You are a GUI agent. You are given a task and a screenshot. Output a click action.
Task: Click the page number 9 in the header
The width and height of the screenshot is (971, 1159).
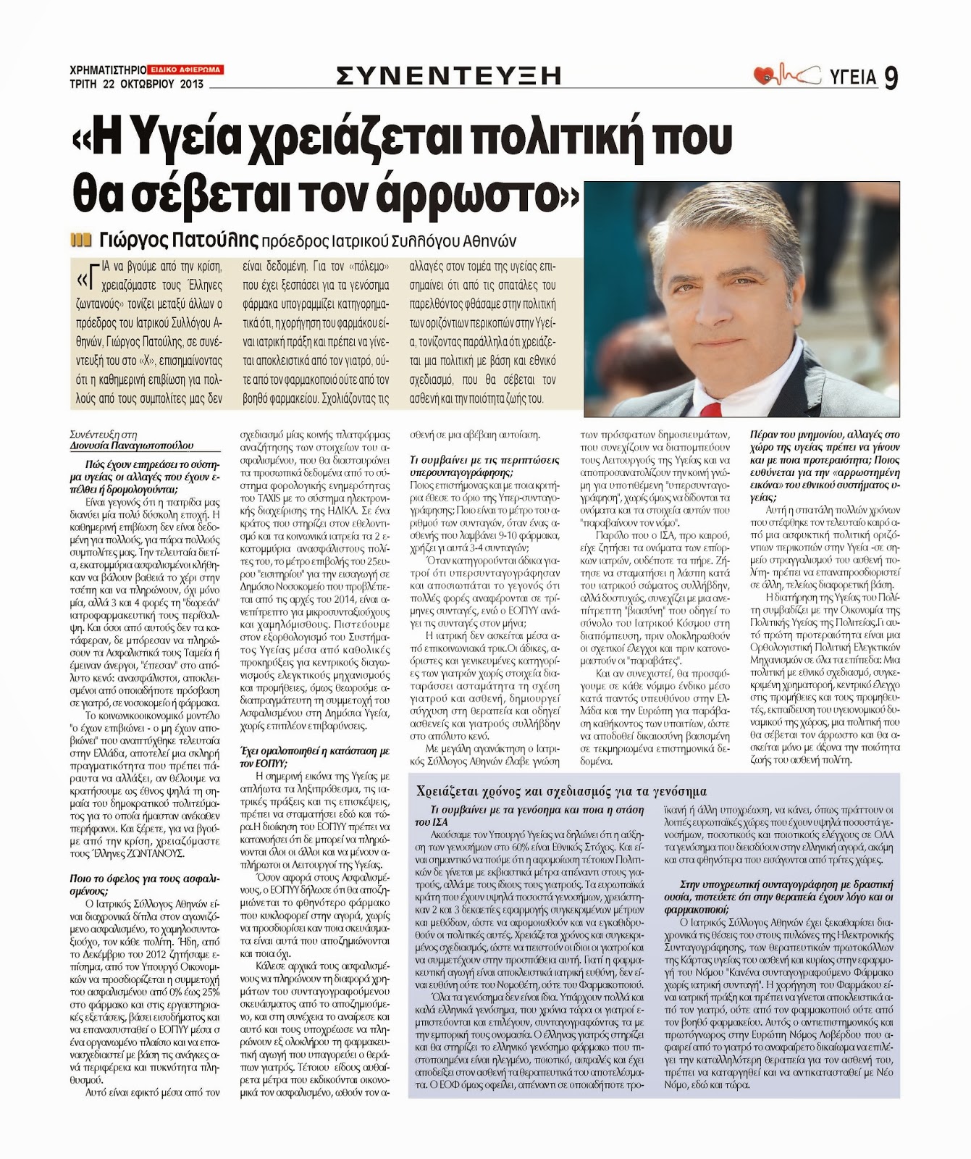pos(890,78)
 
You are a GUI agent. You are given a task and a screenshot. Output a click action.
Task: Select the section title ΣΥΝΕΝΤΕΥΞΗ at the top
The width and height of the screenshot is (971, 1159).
pos(450,75)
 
